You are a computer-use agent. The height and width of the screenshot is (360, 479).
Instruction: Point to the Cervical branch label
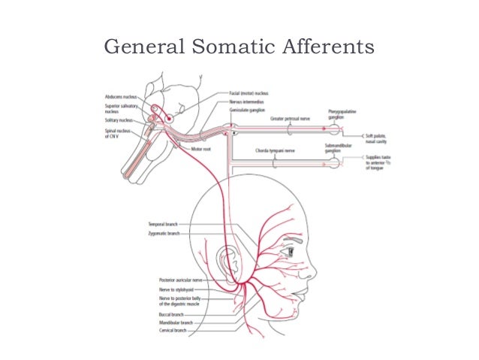coord(174,331)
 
